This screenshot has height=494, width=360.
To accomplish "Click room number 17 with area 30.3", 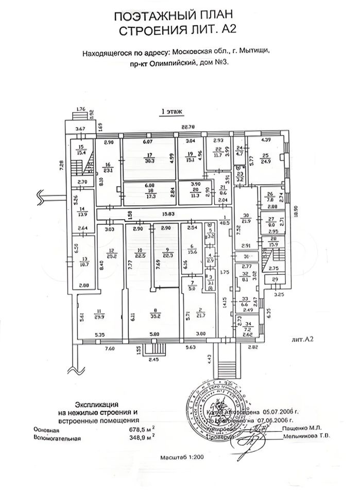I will [x=150, y=157].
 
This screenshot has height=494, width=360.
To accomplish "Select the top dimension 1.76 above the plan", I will [x=80, y=109].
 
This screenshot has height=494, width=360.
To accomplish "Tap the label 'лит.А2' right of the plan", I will [x=302, y=340].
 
